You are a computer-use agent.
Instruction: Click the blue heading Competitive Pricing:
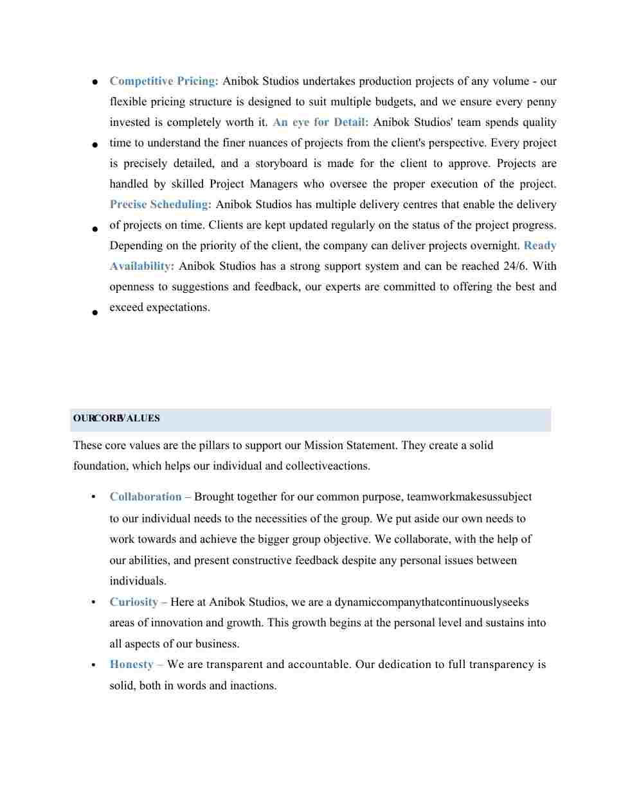pos(164,81)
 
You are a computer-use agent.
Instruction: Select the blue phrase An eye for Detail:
pos(320,122)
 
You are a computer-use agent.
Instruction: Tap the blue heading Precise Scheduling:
pos(160,204)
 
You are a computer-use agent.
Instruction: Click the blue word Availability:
pos(141,266)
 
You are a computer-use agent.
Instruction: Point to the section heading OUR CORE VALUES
pos(116,418)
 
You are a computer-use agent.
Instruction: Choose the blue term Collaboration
pos(145,497)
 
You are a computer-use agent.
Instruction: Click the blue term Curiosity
pos(134,602)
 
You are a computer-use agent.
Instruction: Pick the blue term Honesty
pos(131,664)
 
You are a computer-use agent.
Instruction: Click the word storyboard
pos(282,163)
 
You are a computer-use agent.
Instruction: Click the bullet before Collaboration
pos(94,497)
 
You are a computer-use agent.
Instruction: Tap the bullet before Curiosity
pos(94,602)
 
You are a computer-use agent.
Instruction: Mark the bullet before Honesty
pos(94,664)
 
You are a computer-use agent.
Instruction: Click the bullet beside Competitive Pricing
pos(94,82)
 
